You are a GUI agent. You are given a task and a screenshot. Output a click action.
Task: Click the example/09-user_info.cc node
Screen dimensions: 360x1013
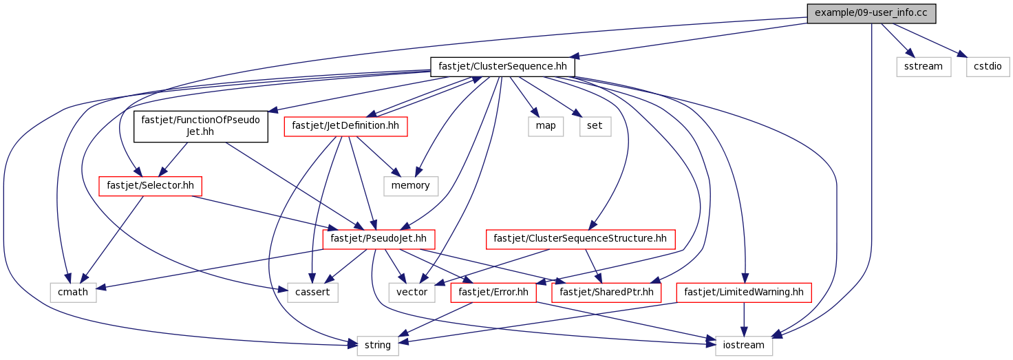pyautogui.click(x=872, y=13)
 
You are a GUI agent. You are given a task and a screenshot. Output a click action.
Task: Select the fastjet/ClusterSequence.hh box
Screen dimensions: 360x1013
pyautogui.click(x=502, y=67)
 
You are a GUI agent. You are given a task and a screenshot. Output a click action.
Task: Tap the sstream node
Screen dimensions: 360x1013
pyautogui.click(x=924, y=67)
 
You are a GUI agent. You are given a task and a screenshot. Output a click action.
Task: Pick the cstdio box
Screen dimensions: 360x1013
pyautogui.click(x=988, y=67)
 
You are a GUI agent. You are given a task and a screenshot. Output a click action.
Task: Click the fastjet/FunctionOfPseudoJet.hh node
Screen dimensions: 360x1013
pyautogui.click(x=200, y=126)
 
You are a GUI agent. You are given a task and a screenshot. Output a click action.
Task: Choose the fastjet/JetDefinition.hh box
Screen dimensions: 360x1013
pyautogui.click(x=345, y=126)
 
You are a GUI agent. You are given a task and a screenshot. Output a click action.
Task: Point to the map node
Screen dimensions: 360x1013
pyautogui.click(x=545, y=126)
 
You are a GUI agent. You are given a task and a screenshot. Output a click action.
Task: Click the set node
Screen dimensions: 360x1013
pyautogui.click(x=595, y=126)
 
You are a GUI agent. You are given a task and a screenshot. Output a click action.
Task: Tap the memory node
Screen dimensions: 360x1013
pyautogui.click(x=411, y=185)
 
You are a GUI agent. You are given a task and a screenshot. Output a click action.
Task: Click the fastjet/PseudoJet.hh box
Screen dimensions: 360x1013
pyautogui.click(x=378, y=240)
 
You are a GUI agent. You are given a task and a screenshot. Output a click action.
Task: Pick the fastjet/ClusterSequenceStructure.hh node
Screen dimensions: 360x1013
pyautogui.click(x=581, y=240)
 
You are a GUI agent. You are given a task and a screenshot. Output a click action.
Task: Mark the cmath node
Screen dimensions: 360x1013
pyautogui.click(x=73, y=293)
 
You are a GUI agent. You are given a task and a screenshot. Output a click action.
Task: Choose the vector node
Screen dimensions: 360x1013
pyautogui.click(x=412, y=293)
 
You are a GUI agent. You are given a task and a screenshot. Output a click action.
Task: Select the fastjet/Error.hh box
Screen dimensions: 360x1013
pyautogui.click(x=493, y=293)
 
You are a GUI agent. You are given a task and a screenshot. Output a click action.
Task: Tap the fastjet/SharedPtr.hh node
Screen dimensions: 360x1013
pyautogui.click(x=606, y=293)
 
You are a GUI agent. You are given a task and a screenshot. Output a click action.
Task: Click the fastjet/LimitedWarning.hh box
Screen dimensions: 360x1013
pyautogui.click(x=744, y=293)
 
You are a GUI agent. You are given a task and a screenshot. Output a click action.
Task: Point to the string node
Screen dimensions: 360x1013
pyautogui.click(x=378, y=345)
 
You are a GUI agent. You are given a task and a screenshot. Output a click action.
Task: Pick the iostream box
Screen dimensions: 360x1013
pyautogui.click(x=744, y=345)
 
